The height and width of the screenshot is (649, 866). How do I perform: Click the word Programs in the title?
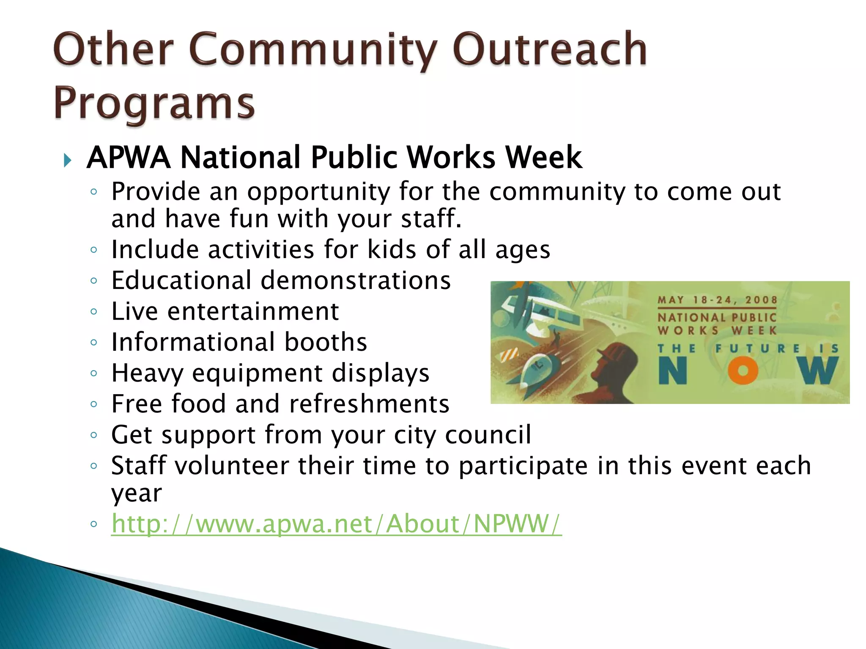tap(154, 104)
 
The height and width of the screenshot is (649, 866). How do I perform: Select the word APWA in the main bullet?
tap(129, 158)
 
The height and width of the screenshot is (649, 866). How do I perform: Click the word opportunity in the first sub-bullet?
tap(318, 192)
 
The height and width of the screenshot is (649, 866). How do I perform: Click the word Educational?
tap(181, 280)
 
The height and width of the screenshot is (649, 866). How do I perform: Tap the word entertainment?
tap(253, 311)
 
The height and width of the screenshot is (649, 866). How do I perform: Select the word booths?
tap(326, 342)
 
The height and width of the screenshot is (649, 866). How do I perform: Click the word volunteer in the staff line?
tap(232, 466)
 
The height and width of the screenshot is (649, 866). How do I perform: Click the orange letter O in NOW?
tap(743, 371)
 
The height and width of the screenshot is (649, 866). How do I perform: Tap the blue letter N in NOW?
tap(672, 371)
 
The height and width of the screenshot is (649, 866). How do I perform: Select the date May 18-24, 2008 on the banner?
tap(717, 300)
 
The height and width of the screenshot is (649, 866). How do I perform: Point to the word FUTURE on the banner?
tap(757, 349)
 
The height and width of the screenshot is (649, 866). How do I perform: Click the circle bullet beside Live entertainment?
tap(94, 312)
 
